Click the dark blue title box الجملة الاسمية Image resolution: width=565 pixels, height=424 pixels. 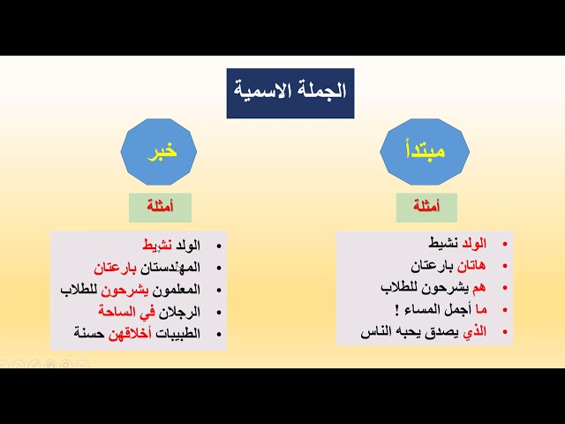(290, 93)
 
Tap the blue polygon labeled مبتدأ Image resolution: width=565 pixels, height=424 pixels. (425, 152)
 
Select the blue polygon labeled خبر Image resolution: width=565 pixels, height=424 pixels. (159, 152)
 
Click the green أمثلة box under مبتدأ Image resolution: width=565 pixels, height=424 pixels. (426, 208)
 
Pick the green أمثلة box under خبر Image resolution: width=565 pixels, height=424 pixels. (160, 208)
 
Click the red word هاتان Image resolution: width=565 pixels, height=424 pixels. (471, 266)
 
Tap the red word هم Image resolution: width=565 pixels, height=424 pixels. (478, 288)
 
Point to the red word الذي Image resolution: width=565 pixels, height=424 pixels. (475, 332)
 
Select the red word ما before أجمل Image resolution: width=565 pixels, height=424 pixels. (481, 310)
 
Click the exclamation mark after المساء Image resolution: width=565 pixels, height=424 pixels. (396, 310)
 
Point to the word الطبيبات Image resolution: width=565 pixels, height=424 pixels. (177, 334)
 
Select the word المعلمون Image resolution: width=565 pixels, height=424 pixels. (177, 290)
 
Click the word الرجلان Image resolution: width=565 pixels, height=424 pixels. (179, 312)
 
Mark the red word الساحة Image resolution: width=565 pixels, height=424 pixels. (117, 312)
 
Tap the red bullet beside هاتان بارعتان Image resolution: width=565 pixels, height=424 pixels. (505, 267)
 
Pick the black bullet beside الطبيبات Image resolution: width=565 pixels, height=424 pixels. (219, 334)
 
